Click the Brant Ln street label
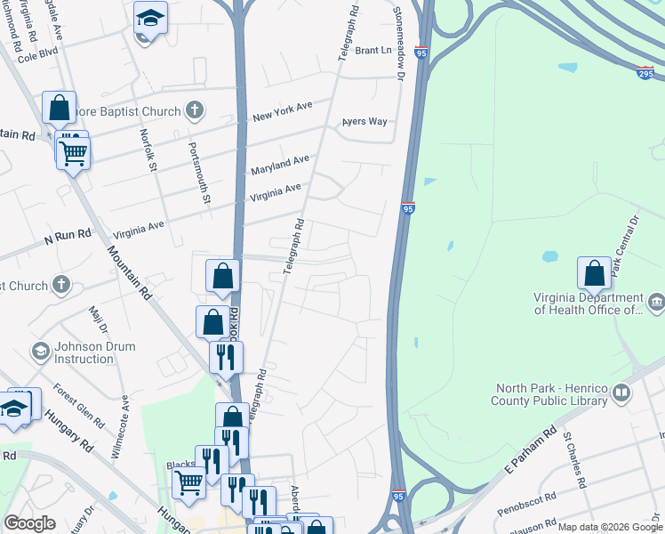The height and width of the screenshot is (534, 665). tap(373, 51)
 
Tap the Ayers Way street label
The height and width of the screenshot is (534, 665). tap(366, 122)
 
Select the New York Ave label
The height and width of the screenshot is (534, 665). tap(282, 111)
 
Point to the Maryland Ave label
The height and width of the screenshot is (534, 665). tap(279, 165)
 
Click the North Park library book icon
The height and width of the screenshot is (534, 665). tap(622, 392)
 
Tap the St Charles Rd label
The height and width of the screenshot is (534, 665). tap(573, 461)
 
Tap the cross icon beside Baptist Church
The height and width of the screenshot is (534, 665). tap(195, 110)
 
